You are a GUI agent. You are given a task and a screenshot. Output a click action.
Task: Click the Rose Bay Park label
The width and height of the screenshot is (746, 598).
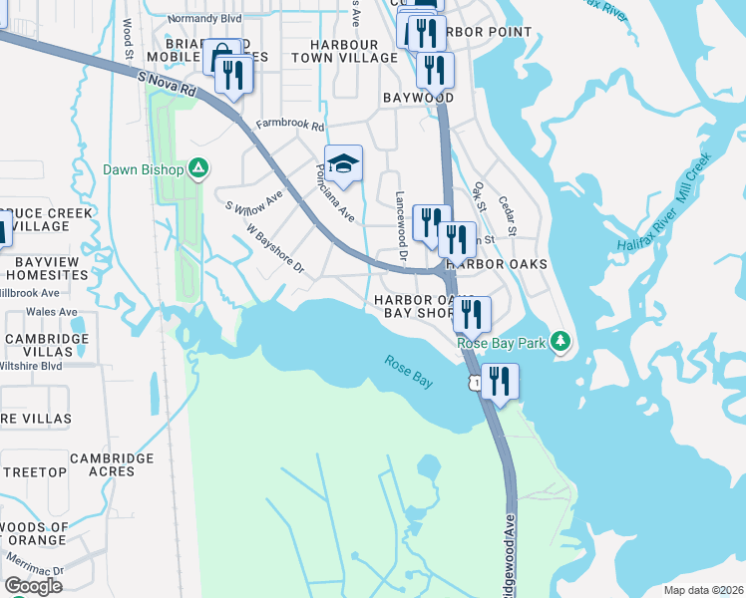(x=503, y=343)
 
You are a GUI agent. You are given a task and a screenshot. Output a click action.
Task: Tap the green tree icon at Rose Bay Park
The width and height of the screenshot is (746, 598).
(x=561, y=342)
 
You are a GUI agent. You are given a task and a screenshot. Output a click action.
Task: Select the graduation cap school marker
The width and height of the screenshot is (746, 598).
(x=343, y=164)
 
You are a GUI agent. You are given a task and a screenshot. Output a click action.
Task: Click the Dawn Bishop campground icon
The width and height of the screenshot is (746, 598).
(x=198, y=169)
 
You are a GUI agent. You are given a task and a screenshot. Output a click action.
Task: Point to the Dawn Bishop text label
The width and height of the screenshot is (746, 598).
(x=144, y=169)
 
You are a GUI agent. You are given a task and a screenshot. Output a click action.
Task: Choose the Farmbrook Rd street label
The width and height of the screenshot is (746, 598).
(x=290, y=127)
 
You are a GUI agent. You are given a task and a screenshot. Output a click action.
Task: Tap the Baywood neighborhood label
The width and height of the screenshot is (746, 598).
(x=418, y=98)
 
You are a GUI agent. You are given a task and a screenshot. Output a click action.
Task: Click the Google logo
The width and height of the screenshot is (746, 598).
(x=33, y=586)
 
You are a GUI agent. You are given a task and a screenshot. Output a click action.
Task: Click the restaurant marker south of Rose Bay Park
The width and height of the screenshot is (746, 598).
(x=500, y=382)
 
